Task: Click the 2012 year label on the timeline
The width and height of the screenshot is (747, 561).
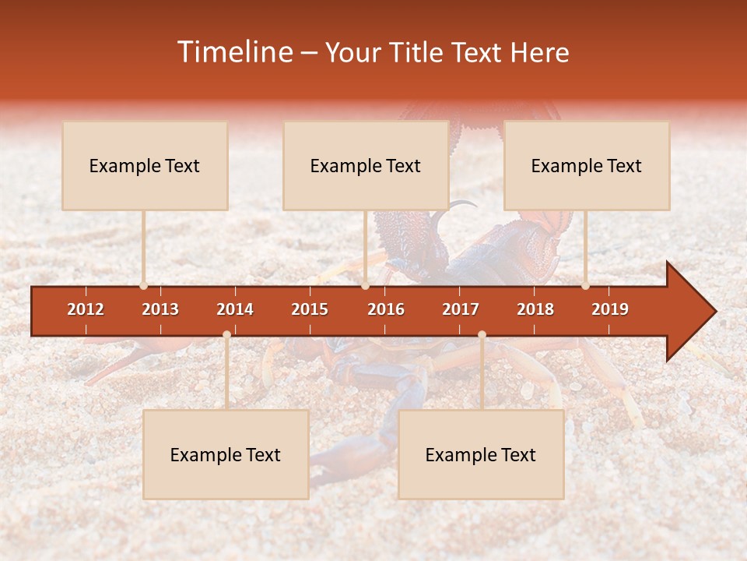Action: (x=86, y=309)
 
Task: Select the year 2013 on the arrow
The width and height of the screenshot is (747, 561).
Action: (x=160, y=309)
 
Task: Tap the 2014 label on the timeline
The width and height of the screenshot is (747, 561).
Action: (x=235, y=309)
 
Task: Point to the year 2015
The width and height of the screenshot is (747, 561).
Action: (x=310, y=309)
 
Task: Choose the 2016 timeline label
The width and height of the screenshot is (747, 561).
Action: (x=386, y=309)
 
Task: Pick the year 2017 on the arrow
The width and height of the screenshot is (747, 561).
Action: (x=461, y=309)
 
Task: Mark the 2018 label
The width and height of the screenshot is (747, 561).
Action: (x=535, y=309)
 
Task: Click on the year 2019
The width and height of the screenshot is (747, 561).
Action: (x=610, y=309)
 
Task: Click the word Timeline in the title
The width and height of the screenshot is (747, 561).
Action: (x=233, y=52)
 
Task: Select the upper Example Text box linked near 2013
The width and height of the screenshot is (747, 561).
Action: (x=145, y=165)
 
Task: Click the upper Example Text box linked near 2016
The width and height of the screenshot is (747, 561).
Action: (x=366, y=165)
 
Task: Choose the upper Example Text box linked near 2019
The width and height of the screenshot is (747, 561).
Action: (x=587, y=165)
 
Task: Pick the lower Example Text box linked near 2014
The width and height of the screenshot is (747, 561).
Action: (x=226, y=454)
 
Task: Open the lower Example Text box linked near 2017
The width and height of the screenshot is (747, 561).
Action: (x=481, y=454)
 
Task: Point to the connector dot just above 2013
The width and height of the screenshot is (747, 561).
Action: (x=143, y=285)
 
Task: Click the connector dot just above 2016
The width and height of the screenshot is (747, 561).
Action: (x=365, y=285)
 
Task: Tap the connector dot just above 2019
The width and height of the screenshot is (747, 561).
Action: (x=585, y=285)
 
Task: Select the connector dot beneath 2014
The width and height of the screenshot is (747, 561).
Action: (x=226, y=334)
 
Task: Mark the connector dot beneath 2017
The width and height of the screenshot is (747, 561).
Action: (x=482, y=334)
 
